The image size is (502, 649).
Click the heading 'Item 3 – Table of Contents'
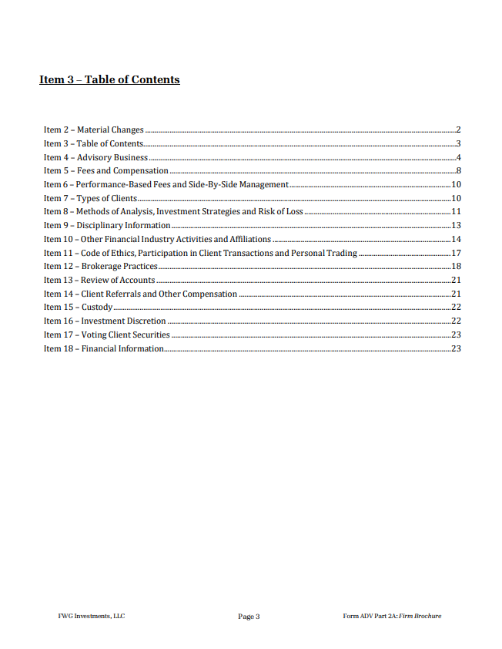pyautogui.click(x=109, y=79)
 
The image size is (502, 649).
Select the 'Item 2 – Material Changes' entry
pyautogui.click(x=93, y=129)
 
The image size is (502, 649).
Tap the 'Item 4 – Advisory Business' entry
pyautogui.click(x=95, y=157)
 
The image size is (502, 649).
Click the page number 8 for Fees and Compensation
pyautogui.click(x=458, y=171)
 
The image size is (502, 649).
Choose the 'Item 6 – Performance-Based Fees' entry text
pyautogui.click(x=166, y=184)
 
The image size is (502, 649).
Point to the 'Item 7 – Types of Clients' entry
pyautogui.click(x=90, y=198)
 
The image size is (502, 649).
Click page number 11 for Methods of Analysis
pyautogui.click(x=456, y=212)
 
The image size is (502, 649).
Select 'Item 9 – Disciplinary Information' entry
pyautogui.click(x=106, y=225)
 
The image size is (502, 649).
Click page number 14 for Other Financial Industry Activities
pyautogui.click(x=456, y=239)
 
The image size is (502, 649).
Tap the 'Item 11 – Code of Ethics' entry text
pyautogui.click(x=200, y=253)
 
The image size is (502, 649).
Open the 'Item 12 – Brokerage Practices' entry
pyautogui.click(x=100, y=267)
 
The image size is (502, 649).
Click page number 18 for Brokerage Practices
pyautogui.click(x=456, y=267)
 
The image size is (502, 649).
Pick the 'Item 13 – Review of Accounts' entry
pyautogui.click(x=99, y=280)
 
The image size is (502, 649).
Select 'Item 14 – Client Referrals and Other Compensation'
pyautogui.click(x=140, y=294)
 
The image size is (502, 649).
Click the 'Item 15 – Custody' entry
pyautogui.click(x=78, y=308)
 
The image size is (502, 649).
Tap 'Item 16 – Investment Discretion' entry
pyautogui.click(x=104, y=321)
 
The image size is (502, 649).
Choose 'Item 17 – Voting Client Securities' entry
pyautogui.click(x=106, y=335)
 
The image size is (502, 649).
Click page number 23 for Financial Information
pyautogui.click(x=456, y=348)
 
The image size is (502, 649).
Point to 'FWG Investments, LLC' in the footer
pyautogui.click(x=91, y=616)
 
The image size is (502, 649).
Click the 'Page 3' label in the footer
pyautogui.click(x=249, y=617)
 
